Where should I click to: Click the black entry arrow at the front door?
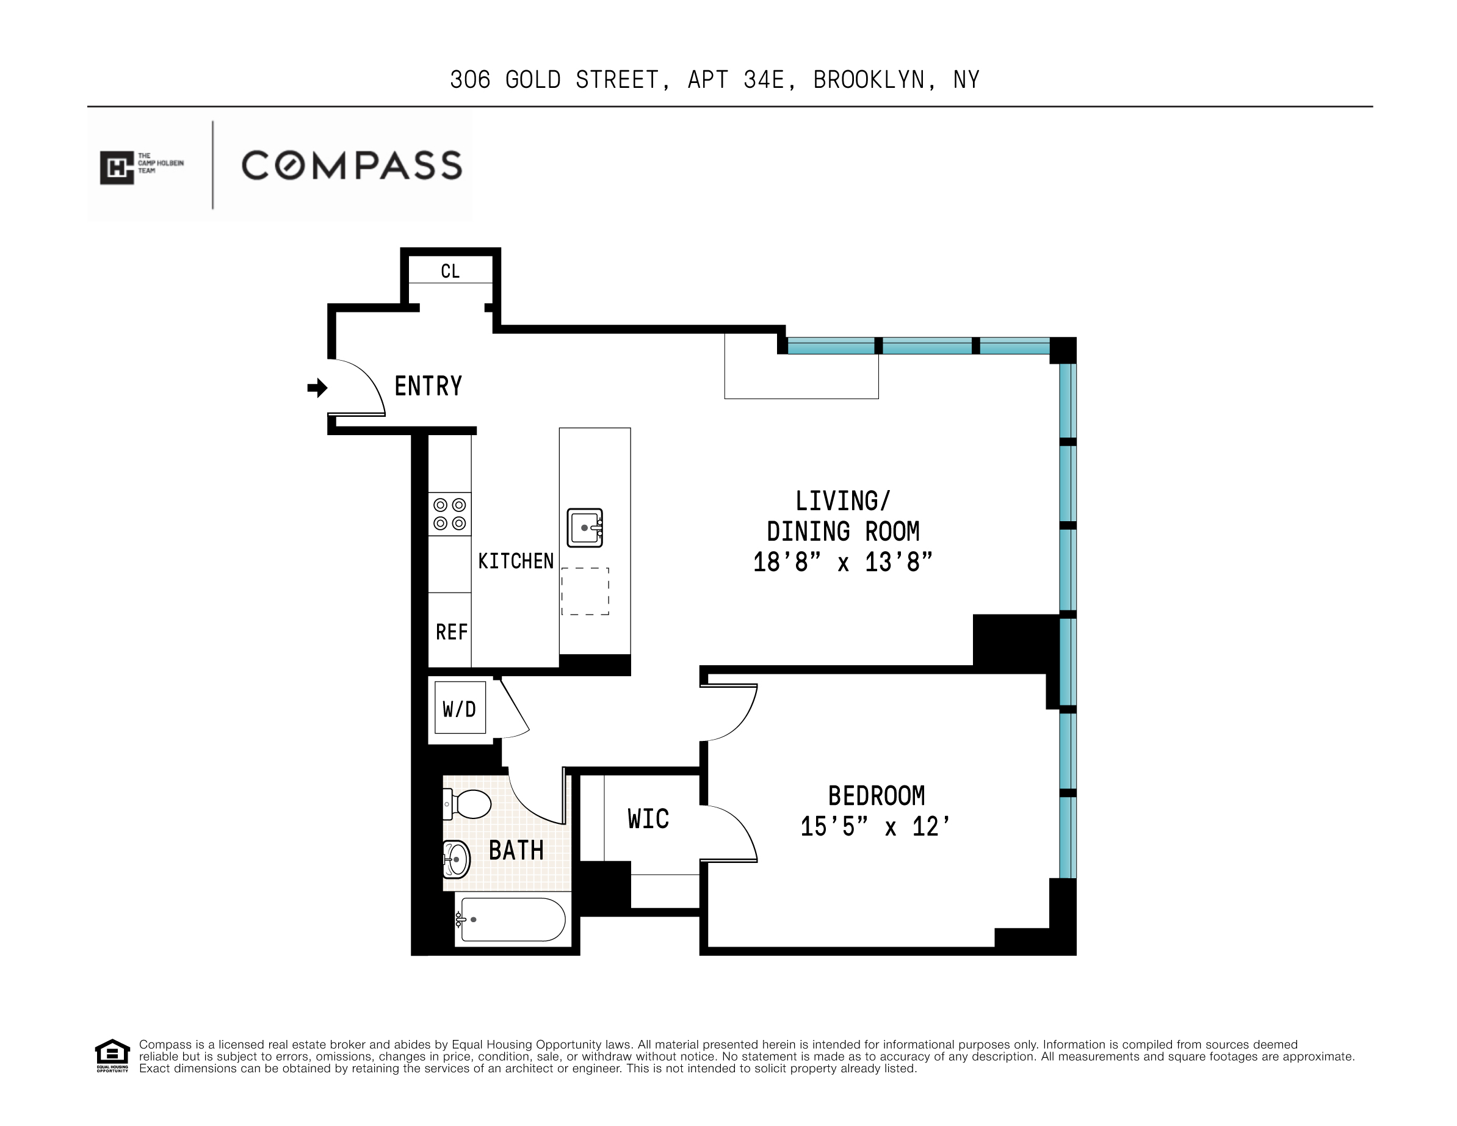tap(317, 388)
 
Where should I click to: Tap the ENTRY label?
tap(428, 386)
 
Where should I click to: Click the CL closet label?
tap(450, 272)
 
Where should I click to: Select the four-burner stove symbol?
tap(450, 514)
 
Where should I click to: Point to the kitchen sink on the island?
tap(585, 528)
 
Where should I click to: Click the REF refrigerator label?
tap(452, 632)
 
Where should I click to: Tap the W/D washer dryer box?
tap(460, 709)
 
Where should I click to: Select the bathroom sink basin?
tap(457, 859)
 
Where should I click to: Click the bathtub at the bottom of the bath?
tap(512, 920)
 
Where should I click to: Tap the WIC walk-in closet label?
tap(648, 819)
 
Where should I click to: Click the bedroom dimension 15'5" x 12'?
tap(875, 827)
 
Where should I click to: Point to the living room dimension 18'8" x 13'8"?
tap(842, 562)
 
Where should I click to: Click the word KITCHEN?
tap(516, 561)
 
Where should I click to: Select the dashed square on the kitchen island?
tap(585, 591)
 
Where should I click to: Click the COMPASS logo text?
tap(352, 165)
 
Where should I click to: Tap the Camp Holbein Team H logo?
tap(117, 167)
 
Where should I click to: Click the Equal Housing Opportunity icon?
tap(112, 1055)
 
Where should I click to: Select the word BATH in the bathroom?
tap(516, 851)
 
